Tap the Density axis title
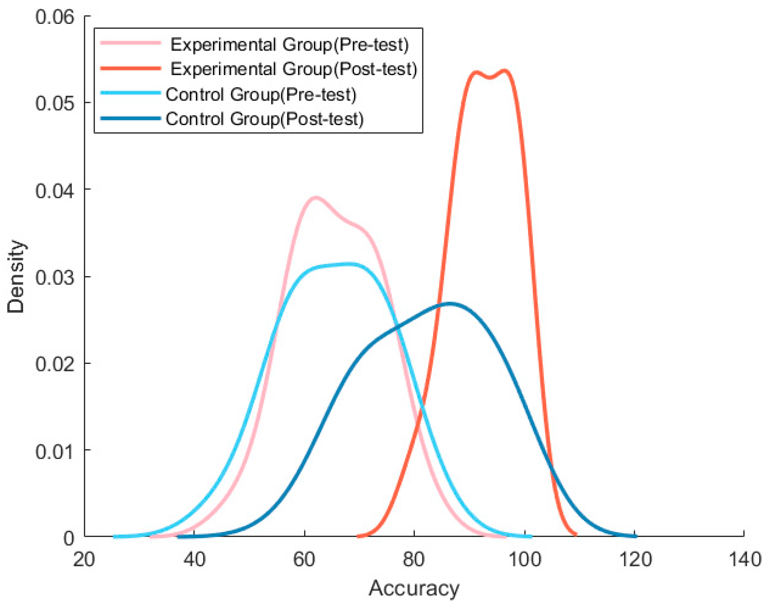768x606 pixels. click(x=16, y=277)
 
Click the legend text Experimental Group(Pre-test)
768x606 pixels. click(x=289, y=45)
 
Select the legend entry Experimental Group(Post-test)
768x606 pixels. click(x=293, y=69)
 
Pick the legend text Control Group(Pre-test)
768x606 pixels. click(x=261, y=95)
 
